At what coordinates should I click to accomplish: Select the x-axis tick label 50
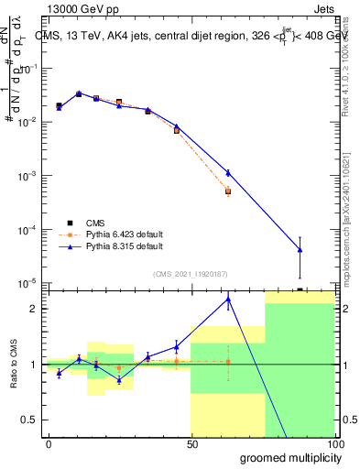(191, 443)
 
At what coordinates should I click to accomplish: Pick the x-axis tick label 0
(49, 443)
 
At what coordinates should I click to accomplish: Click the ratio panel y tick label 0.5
(27, 420)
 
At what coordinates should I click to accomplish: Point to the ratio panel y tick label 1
(32, 365)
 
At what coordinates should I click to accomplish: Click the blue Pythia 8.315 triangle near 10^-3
(228, 172)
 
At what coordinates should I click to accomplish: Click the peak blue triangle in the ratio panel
(228, 299)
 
